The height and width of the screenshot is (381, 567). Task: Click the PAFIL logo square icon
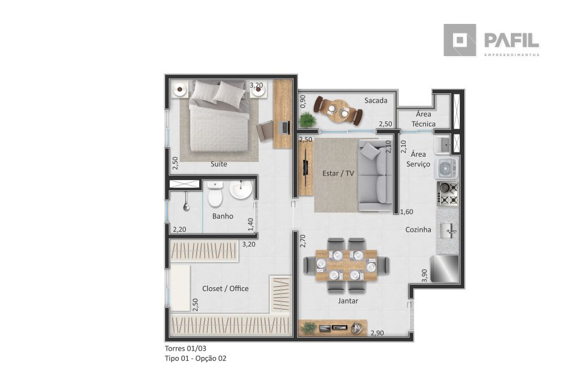(460, 40)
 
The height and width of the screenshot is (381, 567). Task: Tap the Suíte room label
(219, 164)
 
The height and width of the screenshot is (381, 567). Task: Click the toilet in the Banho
(215, 194)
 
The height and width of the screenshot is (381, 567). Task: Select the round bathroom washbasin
(241, 190)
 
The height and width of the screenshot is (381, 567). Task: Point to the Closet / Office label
(226, 288)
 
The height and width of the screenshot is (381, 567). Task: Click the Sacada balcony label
(375, 101)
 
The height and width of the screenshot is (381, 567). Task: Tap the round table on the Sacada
(339, 111)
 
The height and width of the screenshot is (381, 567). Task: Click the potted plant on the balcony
(307, 120)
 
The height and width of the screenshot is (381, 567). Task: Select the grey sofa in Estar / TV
(375, 176)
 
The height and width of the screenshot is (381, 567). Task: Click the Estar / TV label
(338, 174)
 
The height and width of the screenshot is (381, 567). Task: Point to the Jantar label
(348, 301)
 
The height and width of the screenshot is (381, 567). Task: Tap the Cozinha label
(418, 229)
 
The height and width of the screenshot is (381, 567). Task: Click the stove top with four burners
(448, 194)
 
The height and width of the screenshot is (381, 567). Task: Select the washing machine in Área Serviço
(447, 168)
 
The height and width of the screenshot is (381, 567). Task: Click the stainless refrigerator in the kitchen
(444, 268)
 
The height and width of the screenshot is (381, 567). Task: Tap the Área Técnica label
(423, 119)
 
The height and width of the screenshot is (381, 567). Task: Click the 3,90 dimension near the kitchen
(425, 275)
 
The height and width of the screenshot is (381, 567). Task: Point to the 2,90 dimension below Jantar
(377, 333)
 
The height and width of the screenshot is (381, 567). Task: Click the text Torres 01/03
(185, 348)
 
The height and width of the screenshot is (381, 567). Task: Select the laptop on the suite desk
(285, 128)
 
